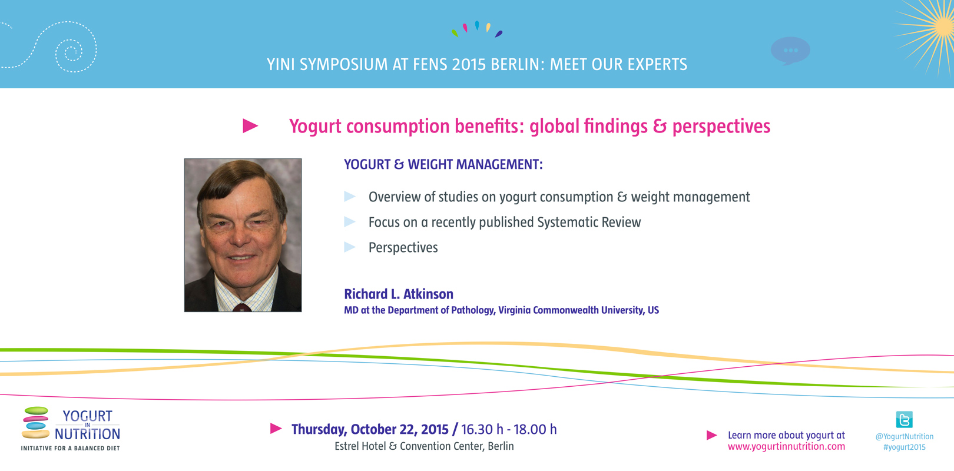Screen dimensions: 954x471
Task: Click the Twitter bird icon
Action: pos(904,419)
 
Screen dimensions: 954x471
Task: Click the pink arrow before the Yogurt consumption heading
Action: pos(250,125)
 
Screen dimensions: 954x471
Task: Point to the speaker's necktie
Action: pos(242,307)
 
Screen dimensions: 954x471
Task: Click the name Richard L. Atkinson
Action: pos(399,294)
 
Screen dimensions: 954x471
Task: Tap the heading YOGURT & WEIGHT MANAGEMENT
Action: pos(443,164)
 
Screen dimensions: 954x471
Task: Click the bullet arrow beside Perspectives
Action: pos(350,247)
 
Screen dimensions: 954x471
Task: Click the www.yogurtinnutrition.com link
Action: pos(786,446)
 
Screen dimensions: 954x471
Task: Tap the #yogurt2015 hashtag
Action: pos(905,447)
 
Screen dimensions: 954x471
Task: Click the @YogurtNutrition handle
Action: pos(905,436)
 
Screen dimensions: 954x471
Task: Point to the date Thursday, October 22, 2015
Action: pos(370,429)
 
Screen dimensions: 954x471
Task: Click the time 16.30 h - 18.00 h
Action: pos(509,429)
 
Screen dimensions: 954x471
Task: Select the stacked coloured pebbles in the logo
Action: pos(36,423)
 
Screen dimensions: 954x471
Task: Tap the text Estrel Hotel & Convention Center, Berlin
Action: pos(424,446)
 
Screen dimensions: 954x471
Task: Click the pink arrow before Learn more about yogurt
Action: pos(711,435)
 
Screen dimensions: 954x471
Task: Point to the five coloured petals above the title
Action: pos(477,29)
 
